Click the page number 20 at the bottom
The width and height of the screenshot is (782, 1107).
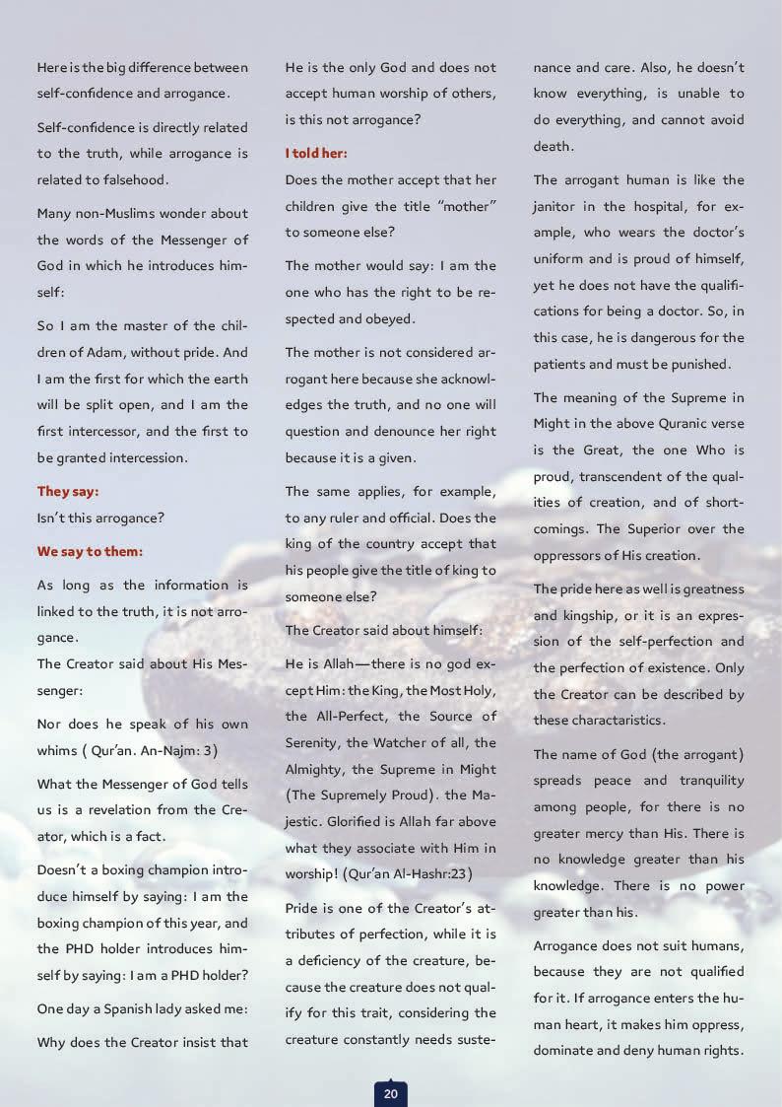coord(390,1092)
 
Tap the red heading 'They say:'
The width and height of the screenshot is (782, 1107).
coord(68,491)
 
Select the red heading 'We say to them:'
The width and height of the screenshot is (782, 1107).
coord(90,551)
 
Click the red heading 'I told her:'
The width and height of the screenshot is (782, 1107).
coord(316,154)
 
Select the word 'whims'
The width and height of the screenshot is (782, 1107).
coord(59,750)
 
